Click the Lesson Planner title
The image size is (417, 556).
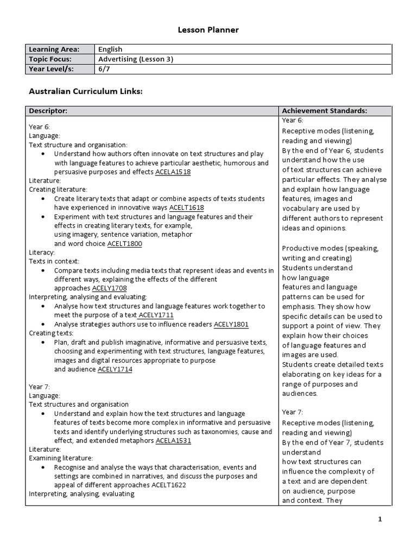point(208,30)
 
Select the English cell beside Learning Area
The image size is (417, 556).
point(110,49)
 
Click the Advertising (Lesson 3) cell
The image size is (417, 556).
point(136,59)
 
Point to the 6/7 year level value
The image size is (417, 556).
point(103,69)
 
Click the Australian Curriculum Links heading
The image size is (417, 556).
point(85,92)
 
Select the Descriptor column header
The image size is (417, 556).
point(48,111)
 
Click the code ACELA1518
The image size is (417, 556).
point(173,172)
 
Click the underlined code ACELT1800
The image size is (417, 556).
point(124,244)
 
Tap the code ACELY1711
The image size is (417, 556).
point(156,315)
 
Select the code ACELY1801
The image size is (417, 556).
point(231,325)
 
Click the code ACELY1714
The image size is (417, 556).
point(115,370)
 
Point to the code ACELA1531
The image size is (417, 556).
point(173,441)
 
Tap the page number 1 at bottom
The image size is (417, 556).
point(380,519)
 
